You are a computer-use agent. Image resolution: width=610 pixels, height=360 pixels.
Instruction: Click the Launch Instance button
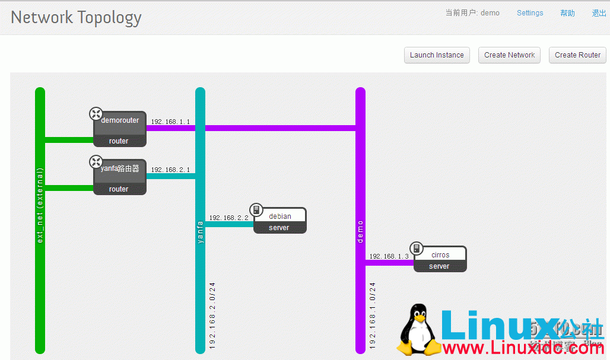(x=437, y=55)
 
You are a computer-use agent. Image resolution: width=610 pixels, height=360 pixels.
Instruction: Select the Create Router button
(x=577, y=55)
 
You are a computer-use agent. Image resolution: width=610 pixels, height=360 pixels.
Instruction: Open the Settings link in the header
(x=529, y=13)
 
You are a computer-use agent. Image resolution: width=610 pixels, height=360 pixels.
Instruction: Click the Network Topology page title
(x=76, y=17)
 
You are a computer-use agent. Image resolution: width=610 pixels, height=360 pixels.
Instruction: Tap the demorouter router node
(x=120, y=128)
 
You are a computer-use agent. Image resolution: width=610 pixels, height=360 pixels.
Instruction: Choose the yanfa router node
(x=120, y=176)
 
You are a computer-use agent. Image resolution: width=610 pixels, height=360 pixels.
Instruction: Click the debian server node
(x=279, y=221)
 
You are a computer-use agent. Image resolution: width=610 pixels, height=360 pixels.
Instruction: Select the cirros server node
(x=440, y=259)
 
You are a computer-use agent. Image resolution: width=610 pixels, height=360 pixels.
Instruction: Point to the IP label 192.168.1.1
(x=170, y=122)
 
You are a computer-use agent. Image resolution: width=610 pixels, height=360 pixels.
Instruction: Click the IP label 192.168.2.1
(x=170, y=170)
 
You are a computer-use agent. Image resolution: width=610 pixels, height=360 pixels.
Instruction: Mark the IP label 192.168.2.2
(x=228, y=218)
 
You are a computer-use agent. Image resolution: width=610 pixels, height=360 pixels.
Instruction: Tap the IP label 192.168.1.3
(x=389, y=256)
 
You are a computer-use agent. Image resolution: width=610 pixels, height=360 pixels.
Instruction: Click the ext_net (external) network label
(x=40, y=205)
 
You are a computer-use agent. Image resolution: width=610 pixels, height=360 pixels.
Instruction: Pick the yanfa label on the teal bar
(x=201, y=231)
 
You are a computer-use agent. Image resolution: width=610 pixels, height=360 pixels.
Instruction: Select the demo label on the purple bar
(x=360, y=231)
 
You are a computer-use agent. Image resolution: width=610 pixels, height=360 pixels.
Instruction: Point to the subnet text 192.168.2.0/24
(x=213, y=315)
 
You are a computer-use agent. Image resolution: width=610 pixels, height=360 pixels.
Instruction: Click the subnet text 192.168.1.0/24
(x=373, y=315)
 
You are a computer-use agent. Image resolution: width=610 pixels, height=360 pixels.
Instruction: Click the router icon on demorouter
(x=96, y=113)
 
